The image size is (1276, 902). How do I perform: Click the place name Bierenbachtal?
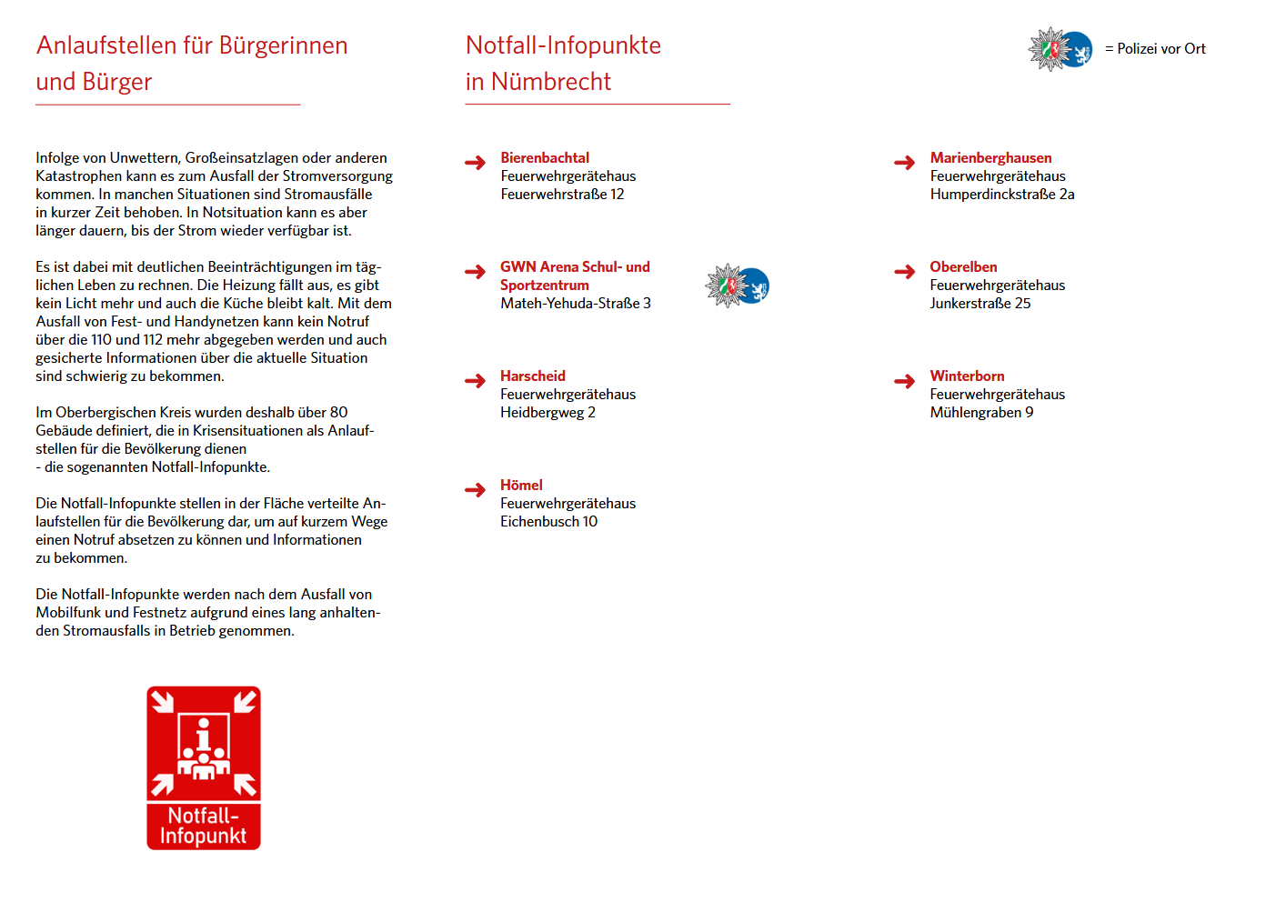545,158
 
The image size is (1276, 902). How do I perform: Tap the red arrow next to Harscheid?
475,381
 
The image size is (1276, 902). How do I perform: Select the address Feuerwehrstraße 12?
562,195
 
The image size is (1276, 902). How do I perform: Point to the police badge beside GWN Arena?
737,286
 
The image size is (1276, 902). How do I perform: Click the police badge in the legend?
1060,49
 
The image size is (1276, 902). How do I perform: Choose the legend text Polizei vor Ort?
1160,49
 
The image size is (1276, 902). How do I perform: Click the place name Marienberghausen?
990,158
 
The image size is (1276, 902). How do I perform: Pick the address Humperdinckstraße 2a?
1002,195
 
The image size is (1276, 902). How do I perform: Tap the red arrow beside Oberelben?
904,272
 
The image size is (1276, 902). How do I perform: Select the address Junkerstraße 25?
980,304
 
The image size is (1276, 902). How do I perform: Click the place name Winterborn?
967,376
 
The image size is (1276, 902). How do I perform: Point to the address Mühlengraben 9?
981,413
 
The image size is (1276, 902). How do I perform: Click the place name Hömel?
521,486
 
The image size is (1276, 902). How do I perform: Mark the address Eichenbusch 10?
548,522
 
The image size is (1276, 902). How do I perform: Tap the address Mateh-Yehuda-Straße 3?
576,304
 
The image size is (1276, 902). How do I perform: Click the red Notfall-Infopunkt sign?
204,768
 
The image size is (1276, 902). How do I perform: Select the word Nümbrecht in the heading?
551,82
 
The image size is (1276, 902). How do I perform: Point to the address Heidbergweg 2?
548,413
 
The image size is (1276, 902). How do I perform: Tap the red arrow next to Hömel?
475,490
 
